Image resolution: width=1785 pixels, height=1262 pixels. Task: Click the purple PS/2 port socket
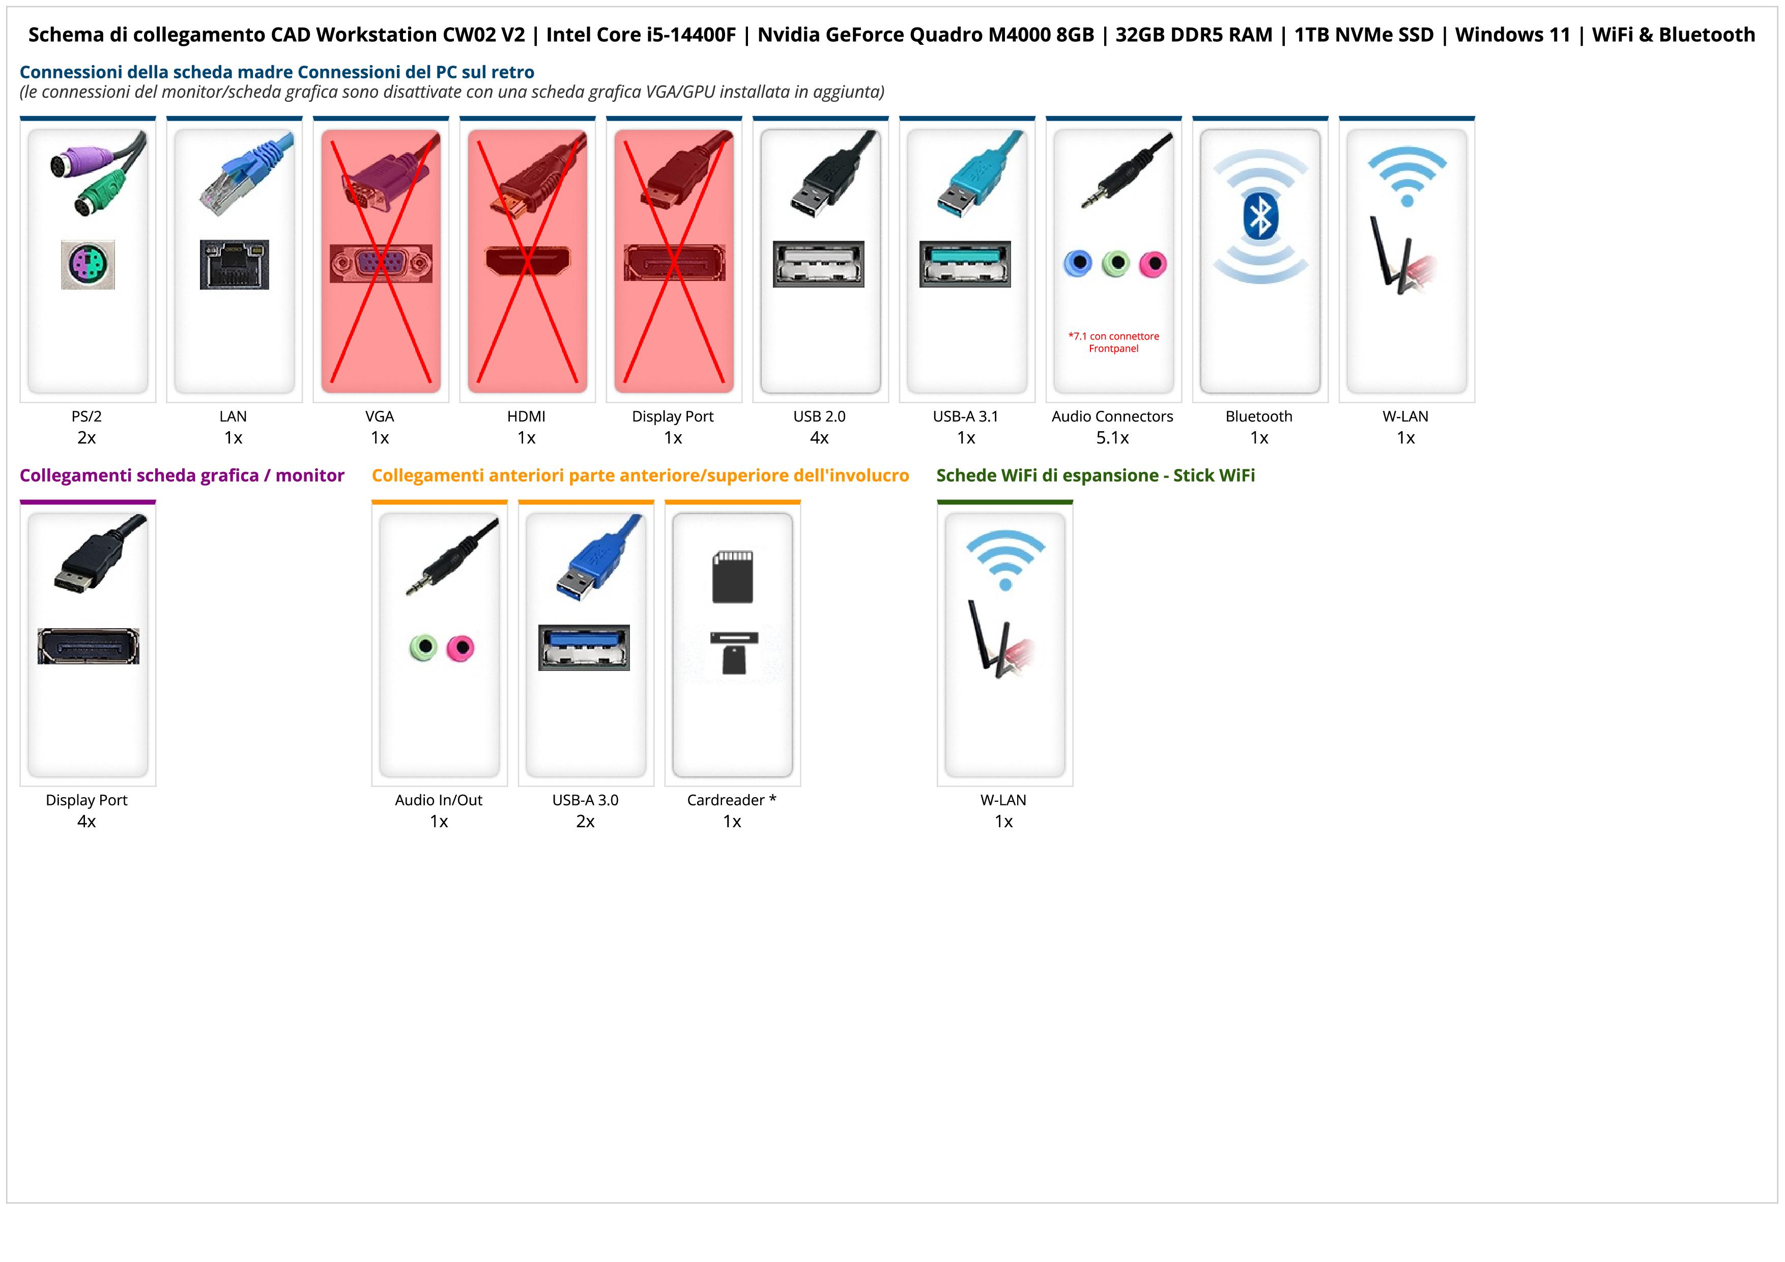click(x=88, y=264)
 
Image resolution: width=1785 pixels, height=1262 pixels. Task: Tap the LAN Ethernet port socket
click(x=234, y=264)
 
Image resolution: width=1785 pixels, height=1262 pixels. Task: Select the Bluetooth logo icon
click(x=1260, y=217)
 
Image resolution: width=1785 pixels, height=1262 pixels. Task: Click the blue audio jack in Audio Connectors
click(x=1078, y=264)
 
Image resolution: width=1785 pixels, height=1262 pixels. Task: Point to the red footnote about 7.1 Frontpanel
click(x=1113, y=342)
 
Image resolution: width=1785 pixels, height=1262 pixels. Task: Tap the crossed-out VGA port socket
click(x=380, y=264)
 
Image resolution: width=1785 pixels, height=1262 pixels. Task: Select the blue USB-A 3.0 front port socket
click(x=584, y=648)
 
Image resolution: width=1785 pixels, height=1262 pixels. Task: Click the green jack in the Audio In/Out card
click(x=423, y=647)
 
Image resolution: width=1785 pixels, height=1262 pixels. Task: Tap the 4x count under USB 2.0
click(x=819, y=438)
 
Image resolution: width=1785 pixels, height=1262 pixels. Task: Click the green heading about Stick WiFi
click(x=1096, y=476)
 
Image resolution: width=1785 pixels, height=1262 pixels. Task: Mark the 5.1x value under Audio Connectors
click(x=1112, y=438)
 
